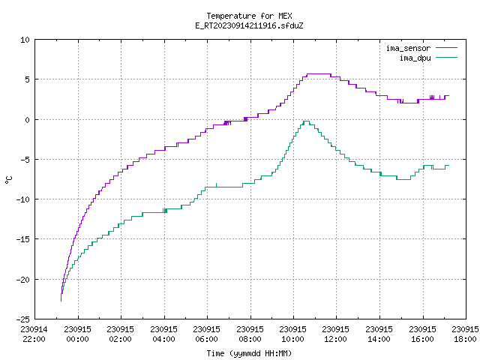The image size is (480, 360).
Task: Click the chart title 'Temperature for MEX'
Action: click(x=249, y=16)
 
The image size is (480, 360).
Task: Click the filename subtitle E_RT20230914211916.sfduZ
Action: click(x=249, y=25)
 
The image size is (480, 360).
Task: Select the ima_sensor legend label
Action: click(x=408, y=48)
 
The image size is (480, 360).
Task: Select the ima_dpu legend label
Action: click(x=415, y=58)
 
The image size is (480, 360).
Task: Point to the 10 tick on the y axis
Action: click(x=25, y=40)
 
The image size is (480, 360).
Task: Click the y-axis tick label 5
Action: click(x=28, y=79)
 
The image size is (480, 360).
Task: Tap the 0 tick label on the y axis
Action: click(x=28, y=120)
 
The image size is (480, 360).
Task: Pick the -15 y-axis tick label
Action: click(x=23, y=239)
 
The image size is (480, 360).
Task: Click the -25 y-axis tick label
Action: click(x=23, y=319)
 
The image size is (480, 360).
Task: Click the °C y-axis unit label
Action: click(x=8, y=180)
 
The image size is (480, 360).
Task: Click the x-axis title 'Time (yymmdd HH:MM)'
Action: click(x=249, y=353)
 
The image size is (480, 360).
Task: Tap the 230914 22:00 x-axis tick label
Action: click(x=34, y=334)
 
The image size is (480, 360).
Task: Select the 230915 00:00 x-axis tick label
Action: click(x=78, y=334)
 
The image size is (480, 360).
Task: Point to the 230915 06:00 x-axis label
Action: click(x=207, y=334)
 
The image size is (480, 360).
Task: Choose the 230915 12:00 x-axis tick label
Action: click(x=336, y=334)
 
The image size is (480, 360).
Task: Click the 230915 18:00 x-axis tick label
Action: click(x=465, y=334)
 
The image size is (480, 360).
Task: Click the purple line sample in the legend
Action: click(x=447, y=48)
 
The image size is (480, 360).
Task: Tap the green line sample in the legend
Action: click(x=447, y=58)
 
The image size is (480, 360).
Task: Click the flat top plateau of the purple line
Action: click(x=319, y=73)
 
